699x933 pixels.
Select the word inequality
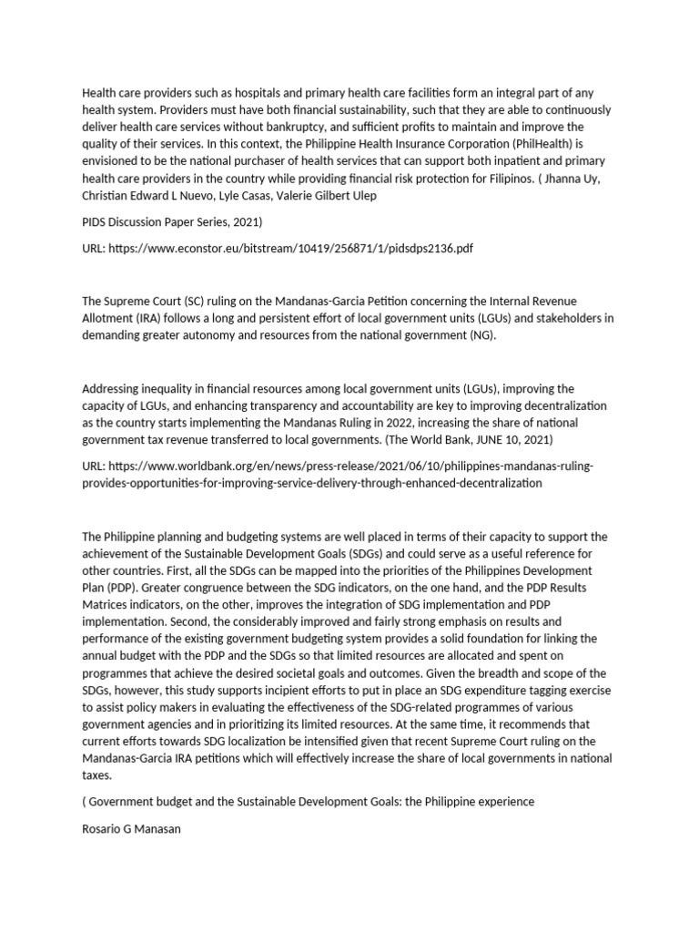[174, 388]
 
